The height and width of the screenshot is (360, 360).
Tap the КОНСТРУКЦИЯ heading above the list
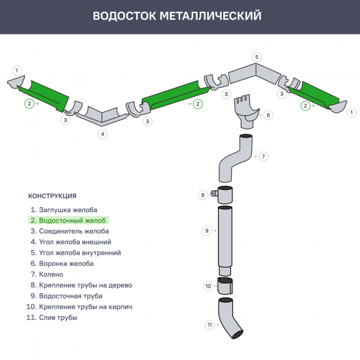pyautogui.click(x=52, y=196)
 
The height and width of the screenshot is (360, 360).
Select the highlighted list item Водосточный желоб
pyautogui.click(x=68, y=221)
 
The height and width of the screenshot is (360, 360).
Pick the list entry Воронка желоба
pyautogui.click(x=66, y=264)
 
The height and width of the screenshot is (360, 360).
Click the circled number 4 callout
pyautogui.click(x=102, y=134)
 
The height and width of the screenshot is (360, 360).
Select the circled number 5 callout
pyautogui.click(x=257, y=57)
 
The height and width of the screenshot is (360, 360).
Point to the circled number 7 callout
pyautogui.click(x=263, y=156)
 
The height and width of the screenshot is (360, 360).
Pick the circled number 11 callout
pyautogui.click(x=210, y=324)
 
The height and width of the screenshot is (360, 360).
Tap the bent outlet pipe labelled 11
pyautogui.click(x=228, y=317)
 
